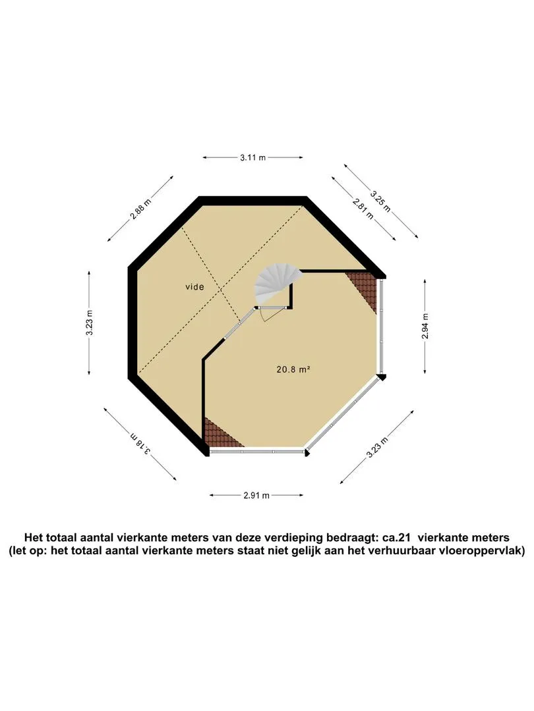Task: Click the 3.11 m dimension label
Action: [253, 158]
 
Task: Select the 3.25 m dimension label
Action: [380, 201]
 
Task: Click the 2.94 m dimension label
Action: [425, 327]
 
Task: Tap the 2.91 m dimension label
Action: [256, 495]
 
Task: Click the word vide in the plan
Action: [194, 287]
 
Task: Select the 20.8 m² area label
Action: [293, 369]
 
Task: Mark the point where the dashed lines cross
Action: [222, 289]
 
